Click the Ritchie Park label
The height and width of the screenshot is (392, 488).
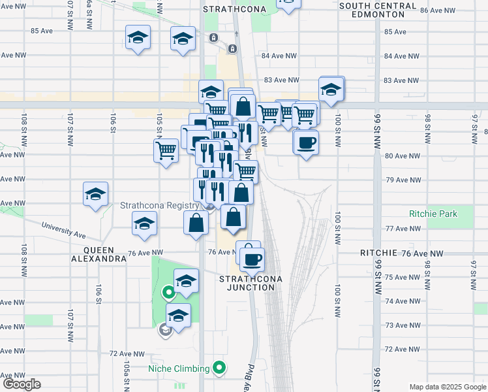433,214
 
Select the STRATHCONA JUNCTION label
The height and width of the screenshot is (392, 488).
251,283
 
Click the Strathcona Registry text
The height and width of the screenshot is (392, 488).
159,204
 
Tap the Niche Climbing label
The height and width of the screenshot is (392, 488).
178,368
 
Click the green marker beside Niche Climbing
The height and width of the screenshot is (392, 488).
220,368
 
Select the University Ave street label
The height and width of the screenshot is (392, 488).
63,231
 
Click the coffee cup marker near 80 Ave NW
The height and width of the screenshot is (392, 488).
305,142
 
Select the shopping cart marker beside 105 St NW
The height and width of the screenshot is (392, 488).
166,150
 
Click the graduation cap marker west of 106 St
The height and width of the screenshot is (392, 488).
95,195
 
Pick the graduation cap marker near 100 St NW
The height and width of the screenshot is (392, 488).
331,90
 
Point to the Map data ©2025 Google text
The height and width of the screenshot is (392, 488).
448,387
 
